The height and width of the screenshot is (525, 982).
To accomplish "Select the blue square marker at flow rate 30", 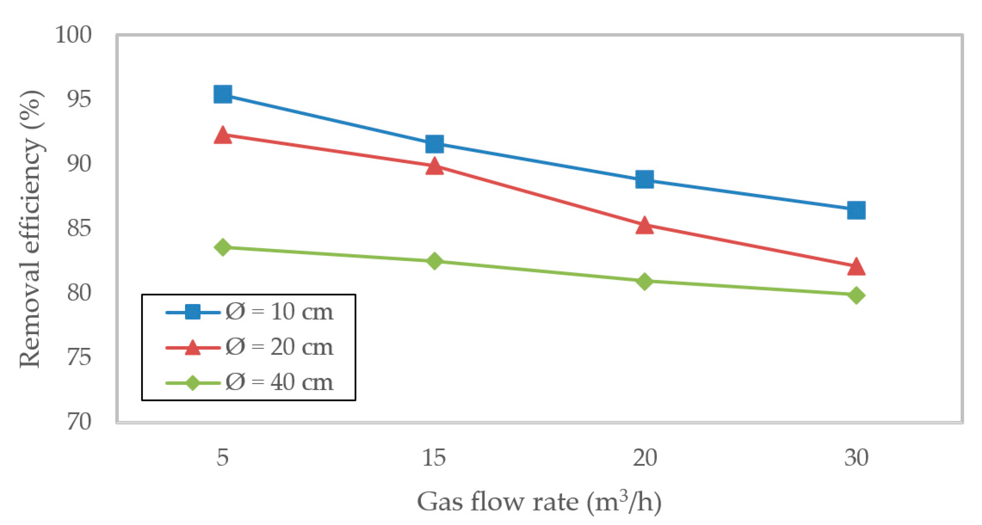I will [x=856, y=210].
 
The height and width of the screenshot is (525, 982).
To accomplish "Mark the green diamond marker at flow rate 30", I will [x=856, y=295].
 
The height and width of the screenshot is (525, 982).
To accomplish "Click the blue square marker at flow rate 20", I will [x=645, y=179].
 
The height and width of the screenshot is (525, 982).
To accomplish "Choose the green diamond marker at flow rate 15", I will [x=434, y=261].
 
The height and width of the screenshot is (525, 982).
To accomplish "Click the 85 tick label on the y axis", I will [x=79, y=229].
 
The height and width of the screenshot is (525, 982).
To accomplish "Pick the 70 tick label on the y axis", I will [x=79, y=422].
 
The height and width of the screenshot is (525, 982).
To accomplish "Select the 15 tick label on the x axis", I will [x=434, y=457].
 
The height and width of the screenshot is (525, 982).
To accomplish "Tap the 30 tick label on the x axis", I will [x=856, y=457].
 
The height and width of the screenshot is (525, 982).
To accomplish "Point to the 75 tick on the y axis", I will [x=79, y=358].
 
